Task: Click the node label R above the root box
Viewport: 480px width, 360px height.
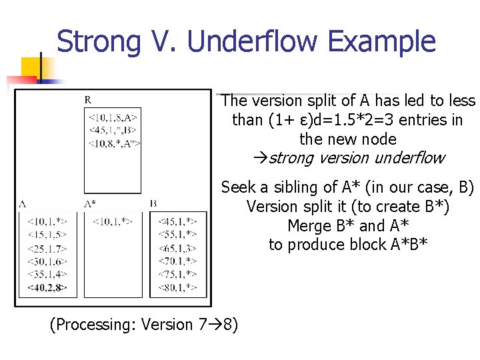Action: tap(88, 100)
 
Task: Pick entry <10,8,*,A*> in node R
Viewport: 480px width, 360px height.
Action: tap(114, 143)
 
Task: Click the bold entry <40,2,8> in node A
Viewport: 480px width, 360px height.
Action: tap(51, 288)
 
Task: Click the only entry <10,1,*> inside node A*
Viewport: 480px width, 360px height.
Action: tap(112, 221)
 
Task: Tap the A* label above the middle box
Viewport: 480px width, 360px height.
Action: tap(90, 204)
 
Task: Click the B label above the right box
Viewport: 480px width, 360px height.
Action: tap(153, 204)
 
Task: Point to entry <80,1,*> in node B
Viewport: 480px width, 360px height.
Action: tap(177, 288)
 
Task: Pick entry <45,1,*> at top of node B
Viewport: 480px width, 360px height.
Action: tap(177, 221)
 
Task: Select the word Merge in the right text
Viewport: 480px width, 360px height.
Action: tap(307, 225)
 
